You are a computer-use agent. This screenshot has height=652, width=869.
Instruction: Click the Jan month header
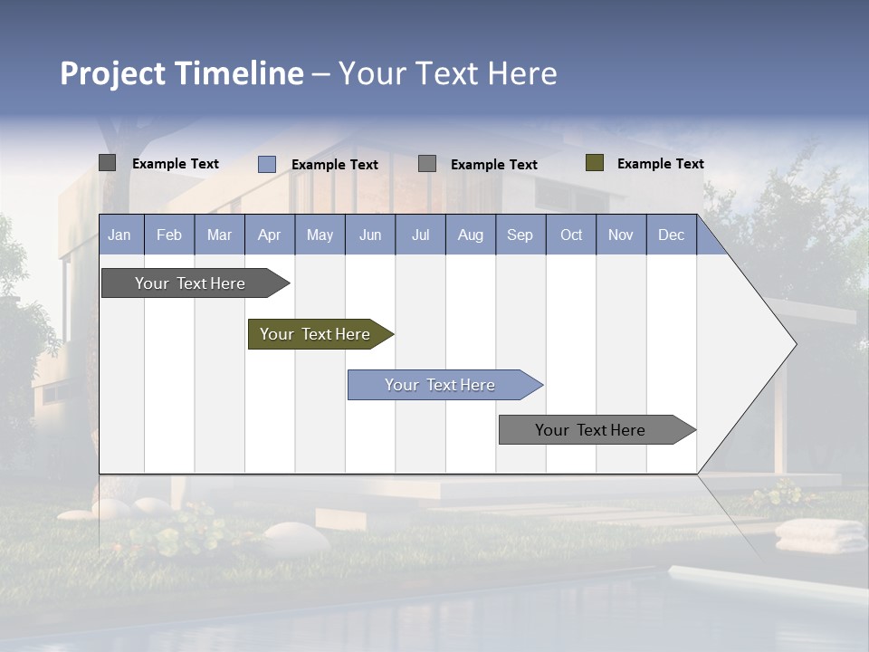pos(120,235)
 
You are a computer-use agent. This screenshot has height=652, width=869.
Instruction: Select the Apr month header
pos(270,235)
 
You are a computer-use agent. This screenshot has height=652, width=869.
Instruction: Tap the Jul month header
pos(420,235)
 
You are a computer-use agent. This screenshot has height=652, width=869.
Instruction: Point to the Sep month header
pos(520,235)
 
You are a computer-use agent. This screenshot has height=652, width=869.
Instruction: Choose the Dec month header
pos(671,235)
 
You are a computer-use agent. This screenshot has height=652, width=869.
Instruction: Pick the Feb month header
pos(169,235)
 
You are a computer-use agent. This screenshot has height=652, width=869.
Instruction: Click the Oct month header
pos(571,235)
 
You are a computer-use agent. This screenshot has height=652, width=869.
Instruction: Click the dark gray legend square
pos(108,163)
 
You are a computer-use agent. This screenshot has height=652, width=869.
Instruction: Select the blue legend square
pos(267,164)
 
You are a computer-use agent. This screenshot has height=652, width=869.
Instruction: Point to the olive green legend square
pos(595,163)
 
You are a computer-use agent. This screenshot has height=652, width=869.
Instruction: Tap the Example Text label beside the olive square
pos(660,164)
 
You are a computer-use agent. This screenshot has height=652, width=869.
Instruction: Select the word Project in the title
pos(113,73)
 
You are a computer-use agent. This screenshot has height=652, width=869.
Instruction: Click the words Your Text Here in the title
pos(447,73)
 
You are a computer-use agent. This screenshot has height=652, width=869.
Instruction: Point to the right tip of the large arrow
pos(794,344)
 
